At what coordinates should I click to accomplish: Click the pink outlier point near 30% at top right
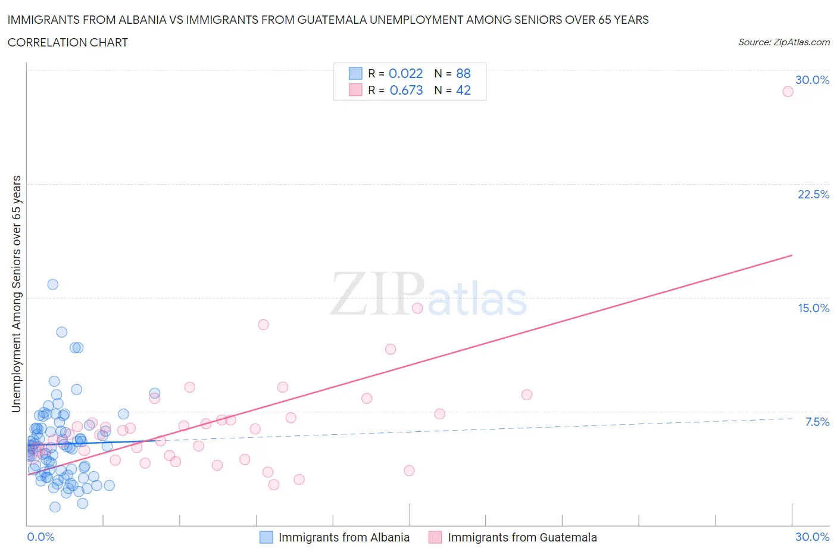[788, 91]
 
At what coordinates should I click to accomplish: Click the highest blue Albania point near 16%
[52, 284]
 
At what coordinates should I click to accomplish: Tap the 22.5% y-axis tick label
[813, 194]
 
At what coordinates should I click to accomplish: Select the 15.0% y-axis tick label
[813, 308]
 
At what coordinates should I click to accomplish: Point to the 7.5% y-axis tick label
[817, 422]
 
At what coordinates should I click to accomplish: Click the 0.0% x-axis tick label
[40, 537]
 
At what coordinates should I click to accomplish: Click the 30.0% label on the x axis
[812, 537]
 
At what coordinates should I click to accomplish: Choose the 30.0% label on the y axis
[812, 80]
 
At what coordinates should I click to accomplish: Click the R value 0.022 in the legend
[405, 73]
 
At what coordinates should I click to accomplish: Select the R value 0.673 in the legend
[406, 90]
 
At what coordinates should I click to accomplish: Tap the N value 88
[463, 73]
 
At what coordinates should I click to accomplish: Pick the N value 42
[463, 90]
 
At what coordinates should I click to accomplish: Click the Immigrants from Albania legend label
[344, 537]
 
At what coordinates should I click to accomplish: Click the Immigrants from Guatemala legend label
[522, 537]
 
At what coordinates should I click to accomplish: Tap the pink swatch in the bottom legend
[435, 537]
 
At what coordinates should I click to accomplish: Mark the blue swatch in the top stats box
[355, 73]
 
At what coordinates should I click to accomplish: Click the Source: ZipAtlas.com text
[783, 42]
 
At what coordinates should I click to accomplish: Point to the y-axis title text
[16, 294]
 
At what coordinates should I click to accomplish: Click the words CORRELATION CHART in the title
[68, 42]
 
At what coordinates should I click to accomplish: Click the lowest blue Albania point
[55, 507]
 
